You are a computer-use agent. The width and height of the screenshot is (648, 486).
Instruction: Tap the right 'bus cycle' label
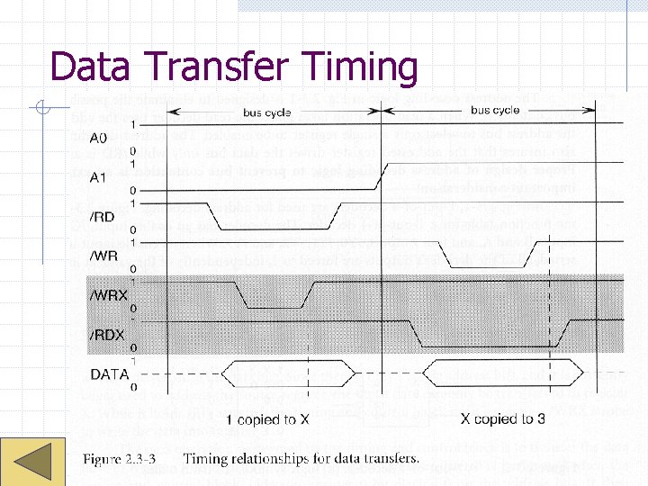pyautogui.click(x=494, y=111)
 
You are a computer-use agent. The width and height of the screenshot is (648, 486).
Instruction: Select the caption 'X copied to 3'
pyautogui.click(x=502, y=419)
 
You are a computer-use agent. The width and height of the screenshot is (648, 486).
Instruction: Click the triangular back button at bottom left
pyautogui.click(x=30, y=460)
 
